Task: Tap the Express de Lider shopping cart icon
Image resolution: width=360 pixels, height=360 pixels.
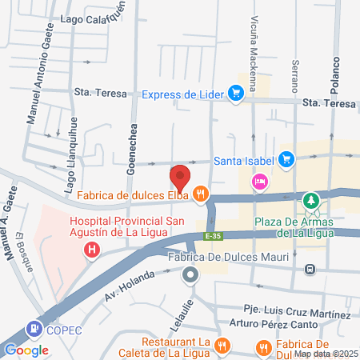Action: pyautogui.click(x=235, y=94)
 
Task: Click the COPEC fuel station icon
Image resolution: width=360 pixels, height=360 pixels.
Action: pyautogui.click(x=34, y=328)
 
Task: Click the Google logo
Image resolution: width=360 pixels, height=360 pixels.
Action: pyautogui.click(x=26, y=350)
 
